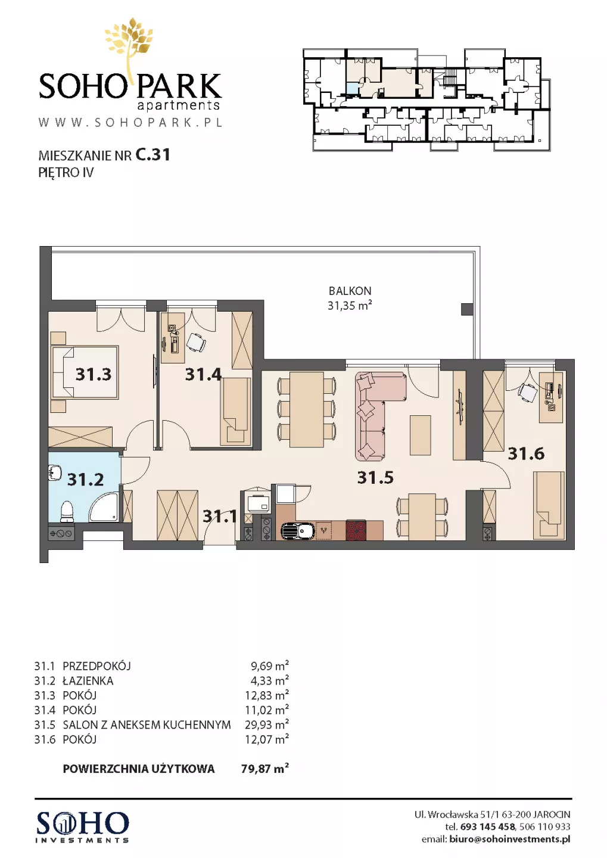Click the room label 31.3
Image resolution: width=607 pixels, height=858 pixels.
click(93, 374)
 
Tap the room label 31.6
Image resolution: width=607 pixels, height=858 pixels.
click(526, 453)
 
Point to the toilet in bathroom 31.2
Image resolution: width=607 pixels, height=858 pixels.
click(67, 511)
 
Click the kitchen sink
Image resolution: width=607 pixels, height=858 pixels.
click(298, 530)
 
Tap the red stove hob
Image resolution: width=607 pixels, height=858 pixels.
click(356, 530)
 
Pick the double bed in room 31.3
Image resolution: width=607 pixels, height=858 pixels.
click(84, 372)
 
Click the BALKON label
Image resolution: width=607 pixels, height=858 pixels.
click(350, 291)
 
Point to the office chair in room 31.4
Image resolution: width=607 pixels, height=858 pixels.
click(196, 342)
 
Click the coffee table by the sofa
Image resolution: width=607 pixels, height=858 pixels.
click(420, 435)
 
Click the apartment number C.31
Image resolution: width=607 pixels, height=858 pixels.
click(153, 155)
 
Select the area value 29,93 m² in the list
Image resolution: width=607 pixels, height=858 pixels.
click(266, 725)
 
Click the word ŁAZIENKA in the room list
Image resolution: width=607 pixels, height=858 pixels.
click(88, 680)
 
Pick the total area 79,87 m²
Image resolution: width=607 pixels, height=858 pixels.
click(264, 769)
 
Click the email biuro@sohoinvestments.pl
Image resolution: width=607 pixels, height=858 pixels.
click(509, 839)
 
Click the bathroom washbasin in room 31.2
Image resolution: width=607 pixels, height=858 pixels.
click(55, 474)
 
